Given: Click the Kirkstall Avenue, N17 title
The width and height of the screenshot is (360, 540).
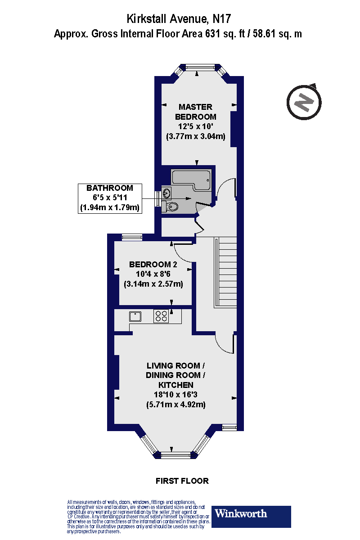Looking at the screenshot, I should pos(180,18).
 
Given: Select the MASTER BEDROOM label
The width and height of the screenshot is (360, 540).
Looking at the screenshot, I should pos(195,112).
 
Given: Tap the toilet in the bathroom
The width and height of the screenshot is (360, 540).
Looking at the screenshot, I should pos(171,207).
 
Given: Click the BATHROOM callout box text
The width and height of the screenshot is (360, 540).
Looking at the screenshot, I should pos(110,198).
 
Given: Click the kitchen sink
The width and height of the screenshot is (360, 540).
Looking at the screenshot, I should pos(135,316).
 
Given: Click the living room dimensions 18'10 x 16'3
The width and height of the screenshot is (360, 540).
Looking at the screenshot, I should pos(175,395).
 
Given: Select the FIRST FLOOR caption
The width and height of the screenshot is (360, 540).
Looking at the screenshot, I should pos(182,481).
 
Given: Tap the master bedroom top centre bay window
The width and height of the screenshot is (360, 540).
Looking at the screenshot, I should pos(199,67).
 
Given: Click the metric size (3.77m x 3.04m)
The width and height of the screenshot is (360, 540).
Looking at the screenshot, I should pos(195,136).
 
